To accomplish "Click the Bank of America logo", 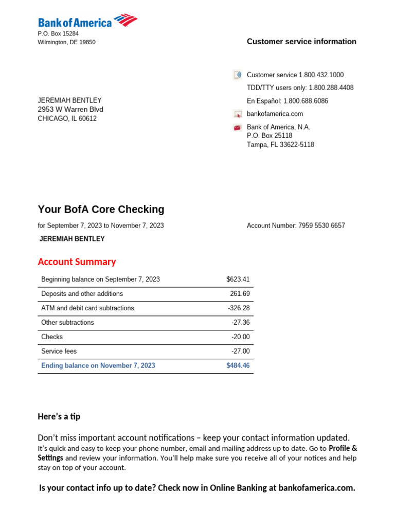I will tap(87, 22).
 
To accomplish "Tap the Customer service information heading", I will tap(301, 42).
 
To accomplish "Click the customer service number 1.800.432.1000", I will tap(321, 75).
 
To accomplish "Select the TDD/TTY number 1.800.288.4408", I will tap(331, 88).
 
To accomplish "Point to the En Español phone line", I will tap(288, 101).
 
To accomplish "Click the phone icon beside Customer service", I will tap(237, 75).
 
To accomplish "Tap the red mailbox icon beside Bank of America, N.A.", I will tap(237, 128).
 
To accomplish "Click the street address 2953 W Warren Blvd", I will tap(70, 110).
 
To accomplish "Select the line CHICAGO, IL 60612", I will tap(67, 119).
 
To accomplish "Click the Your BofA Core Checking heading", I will tap(101, 209).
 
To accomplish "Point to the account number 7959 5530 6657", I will tap(321, 225).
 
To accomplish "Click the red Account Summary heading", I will tap(77, 262).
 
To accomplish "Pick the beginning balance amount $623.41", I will tap(238, 279).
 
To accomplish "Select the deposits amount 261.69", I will tap(240, 294).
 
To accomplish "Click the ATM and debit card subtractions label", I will tap(87, 308).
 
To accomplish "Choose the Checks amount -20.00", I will tap(240, 337).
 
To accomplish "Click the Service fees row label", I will tap(59, 352).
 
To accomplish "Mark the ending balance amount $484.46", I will tap(238, 366).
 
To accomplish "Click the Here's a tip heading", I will tap(59, 416).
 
